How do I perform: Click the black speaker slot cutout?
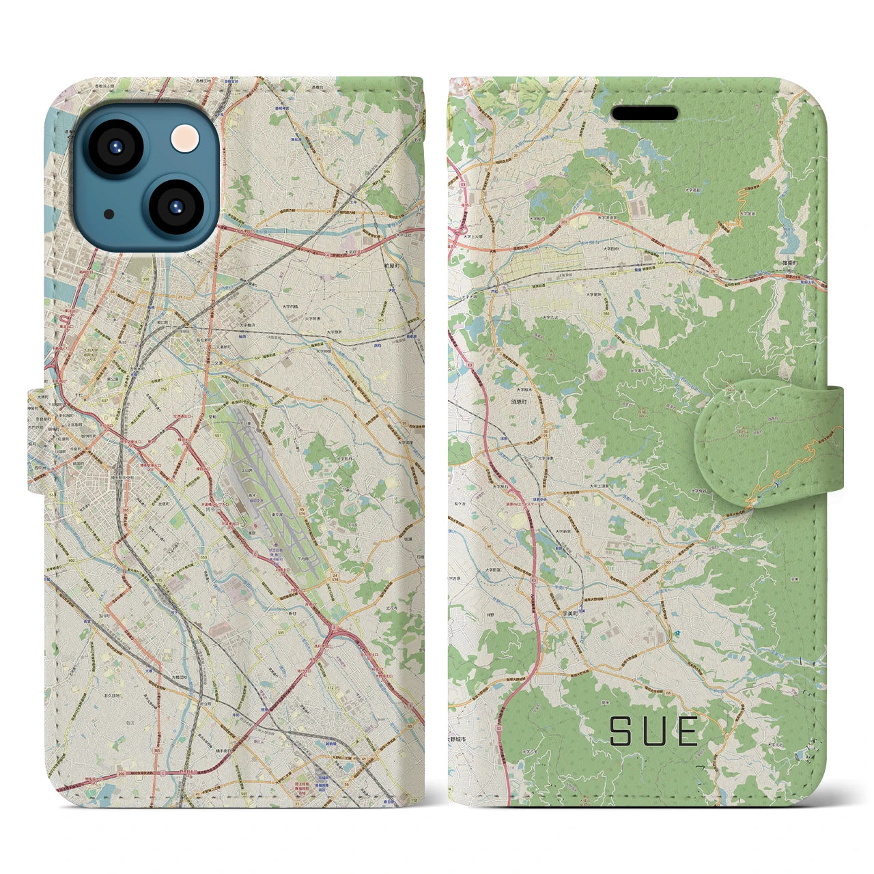(644, 113)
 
